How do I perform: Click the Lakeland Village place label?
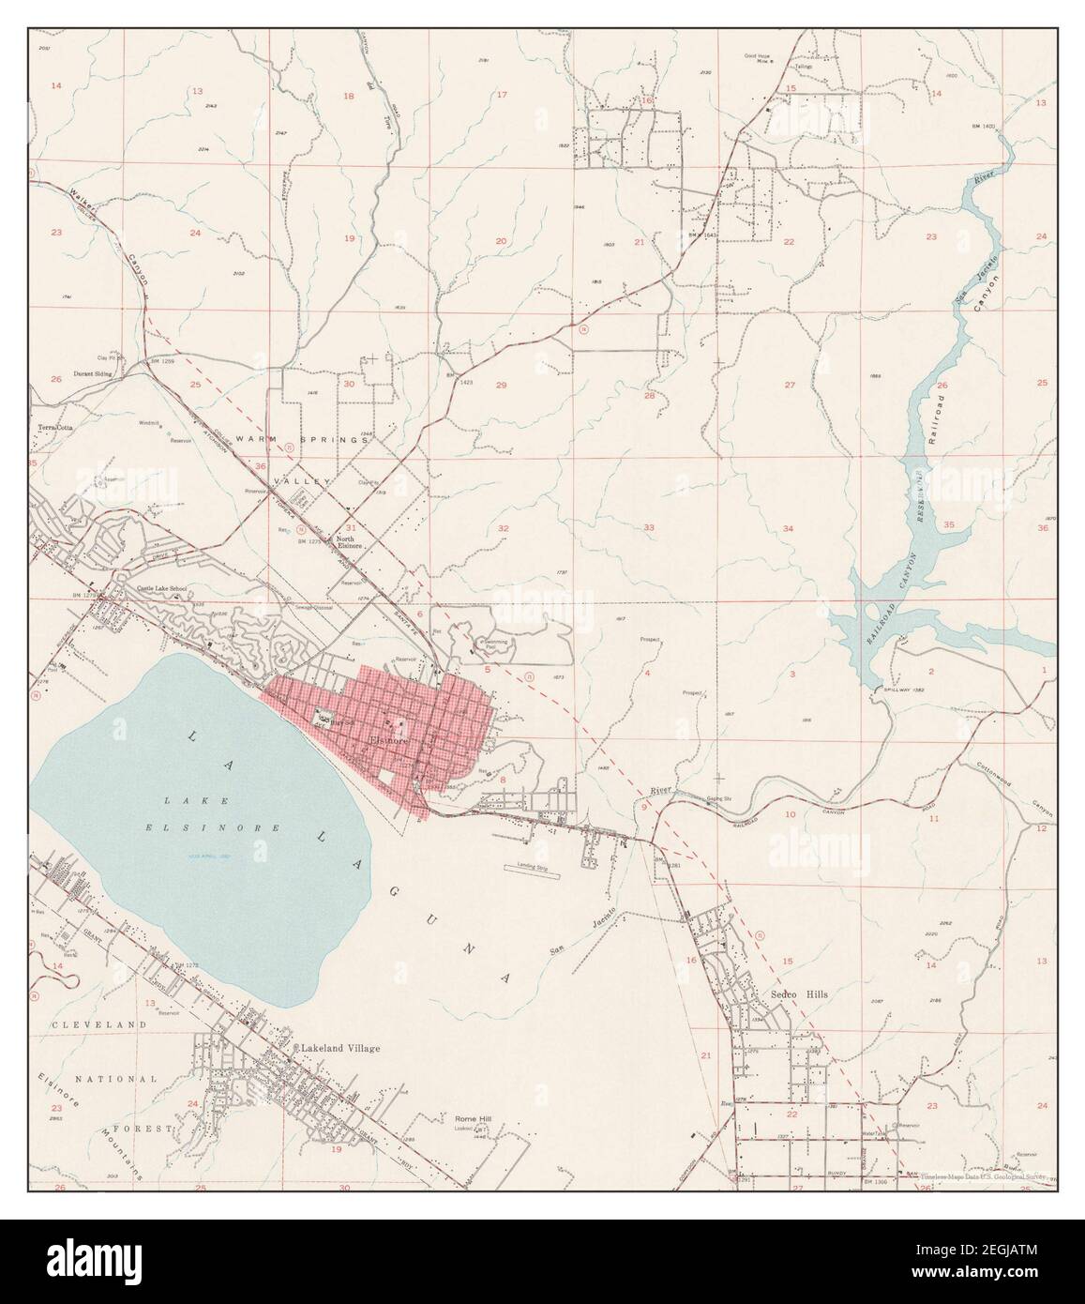click(340, 1048)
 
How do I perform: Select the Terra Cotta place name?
click(55, 428)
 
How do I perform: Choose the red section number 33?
click(648, 528)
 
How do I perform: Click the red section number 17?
click(501, 95)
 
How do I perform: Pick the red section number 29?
click(501, 386)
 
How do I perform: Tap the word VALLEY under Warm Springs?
click(301, 480)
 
